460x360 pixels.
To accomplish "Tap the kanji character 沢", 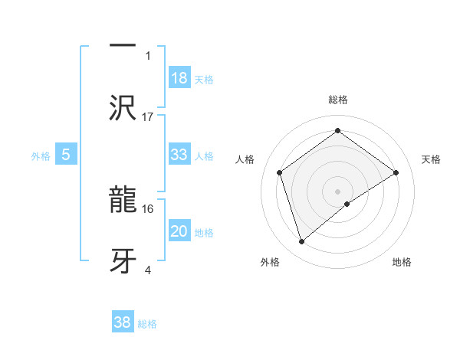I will (x=123, y=108).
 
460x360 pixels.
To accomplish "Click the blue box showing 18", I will (x=179, y=78).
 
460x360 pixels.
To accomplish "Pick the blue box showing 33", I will (x=179, y=155).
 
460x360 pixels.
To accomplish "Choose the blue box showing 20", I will (x=179, y=231).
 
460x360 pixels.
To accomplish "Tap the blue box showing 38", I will (x=123, y=322).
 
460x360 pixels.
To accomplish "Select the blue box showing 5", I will (x=66, y=155).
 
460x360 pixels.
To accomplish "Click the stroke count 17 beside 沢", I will (x=148, y=116).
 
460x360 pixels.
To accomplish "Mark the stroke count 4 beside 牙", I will (x=148, y=269).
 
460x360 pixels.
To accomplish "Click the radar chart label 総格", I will (x=338, y=100).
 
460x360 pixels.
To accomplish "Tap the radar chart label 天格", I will (x=432, y=159).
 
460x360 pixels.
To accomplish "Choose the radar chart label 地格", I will (x=402, y=262).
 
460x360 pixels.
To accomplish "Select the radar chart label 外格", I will (x=270, y=262).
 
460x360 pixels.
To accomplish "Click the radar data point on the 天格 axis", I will (x=396, y=172).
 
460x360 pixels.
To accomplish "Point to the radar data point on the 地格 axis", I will (x=347, y=204).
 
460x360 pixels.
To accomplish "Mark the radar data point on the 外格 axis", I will (x=302, y=242).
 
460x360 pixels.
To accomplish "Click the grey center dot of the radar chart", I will (x=337, y=191).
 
